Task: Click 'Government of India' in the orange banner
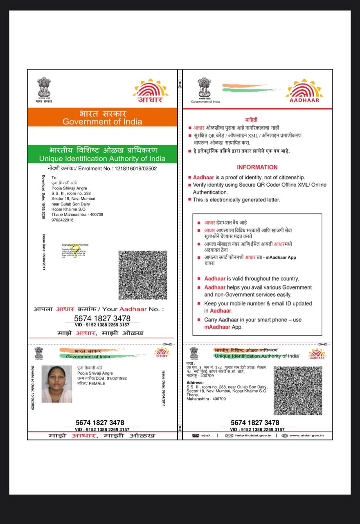click(x=102, y=122)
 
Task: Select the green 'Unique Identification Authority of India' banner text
click(x=102, y=158)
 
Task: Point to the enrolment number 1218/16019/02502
click(x=136, y=168)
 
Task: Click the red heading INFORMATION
click(x=257, y=167)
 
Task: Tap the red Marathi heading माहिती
click(x=251, y=120)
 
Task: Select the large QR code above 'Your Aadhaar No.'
click(x=143, y=275)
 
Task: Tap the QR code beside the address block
click(x=297, y=391)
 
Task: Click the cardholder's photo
click(x=57, y=384)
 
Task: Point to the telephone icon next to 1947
click(x=196, y=436)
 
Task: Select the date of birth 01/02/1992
click(x=117, y=378)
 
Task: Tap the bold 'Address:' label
click(x=195, y=383)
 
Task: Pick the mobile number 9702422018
click(x=63, y=220)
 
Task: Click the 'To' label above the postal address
click(x=54, y=178)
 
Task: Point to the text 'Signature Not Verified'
click(x=75, y=245)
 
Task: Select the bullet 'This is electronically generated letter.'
click(x=236, y=200)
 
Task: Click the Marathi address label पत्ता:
click(x=191, y=363)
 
